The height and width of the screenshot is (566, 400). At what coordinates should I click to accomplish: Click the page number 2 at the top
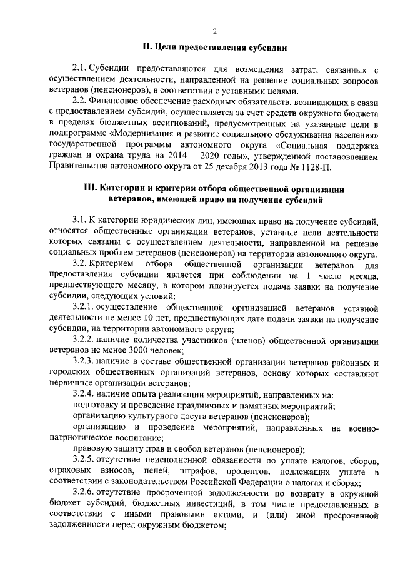tap(214, 32)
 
